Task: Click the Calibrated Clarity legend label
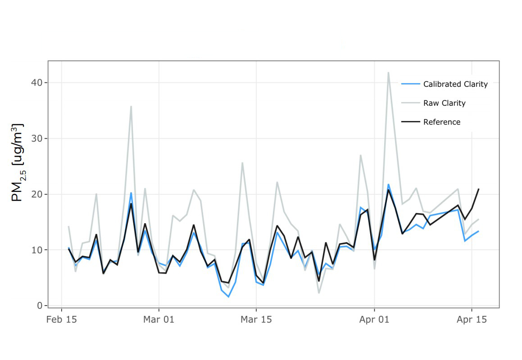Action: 455,84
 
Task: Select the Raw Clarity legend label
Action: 444,103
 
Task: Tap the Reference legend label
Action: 442,122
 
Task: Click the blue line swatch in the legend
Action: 410,84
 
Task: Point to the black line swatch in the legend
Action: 410,122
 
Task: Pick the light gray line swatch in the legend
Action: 410,103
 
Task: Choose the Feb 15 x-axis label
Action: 62,320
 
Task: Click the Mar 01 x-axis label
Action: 159,320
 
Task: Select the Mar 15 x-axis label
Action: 256,320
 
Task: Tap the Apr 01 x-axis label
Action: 374,320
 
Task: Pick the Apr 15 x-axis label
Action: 472,320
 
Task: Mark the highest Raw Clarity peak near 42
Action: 388,72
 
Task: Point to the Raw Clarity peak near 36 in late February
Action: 131,107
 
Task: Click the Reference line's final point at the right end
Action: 478,189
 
